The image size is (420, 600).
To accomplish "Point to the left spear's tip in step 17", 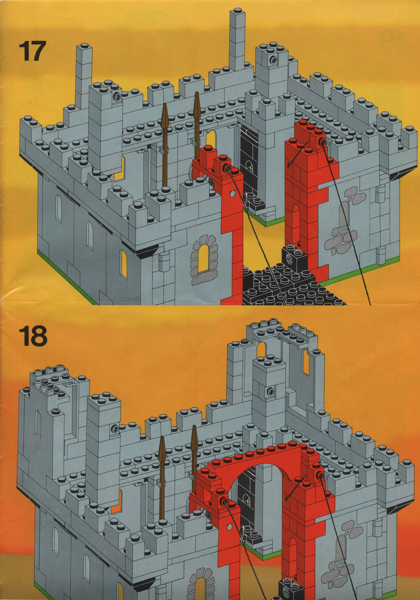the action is (x=165, y=104).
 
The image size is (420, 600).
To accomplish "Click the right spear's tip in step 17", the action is (x=197, y=92).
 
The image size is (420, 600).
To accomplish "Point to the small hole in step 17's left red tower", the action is (x=231, y=193).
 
